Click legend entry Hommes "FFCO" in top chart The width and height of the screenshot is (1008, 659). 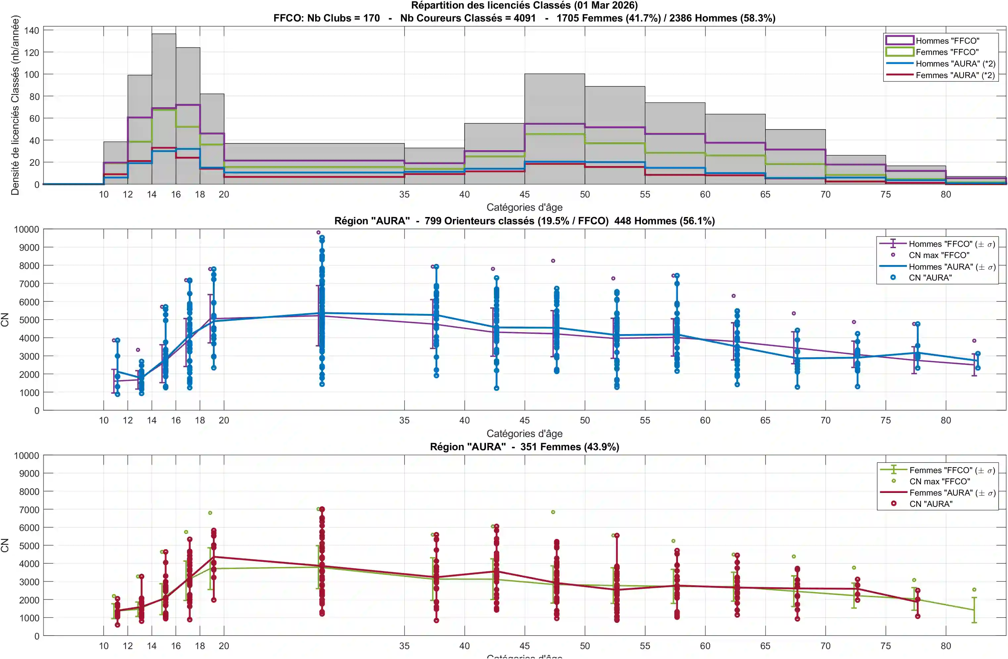coord(947,41)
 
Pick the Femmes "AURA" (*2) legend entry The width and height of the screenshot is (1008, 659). coord(955,75)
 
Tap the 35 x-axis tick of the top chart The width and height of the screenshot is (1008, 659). coord(404,194)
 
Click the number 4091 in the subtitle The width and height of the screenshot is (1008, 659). coord(524,18)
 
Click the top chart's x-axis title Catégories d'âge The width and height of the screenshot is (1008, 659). coord(524,207)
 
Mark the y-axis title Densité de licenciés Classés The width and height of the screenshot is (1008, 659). coord(15,105)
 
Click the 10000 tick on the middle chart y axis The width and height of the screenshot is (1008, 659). coord(26,229)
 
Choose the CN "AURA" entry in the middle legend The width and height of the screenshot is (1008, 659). coord(930,278)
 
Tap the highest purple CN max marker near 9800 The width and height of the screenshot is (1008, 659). coord(318,232)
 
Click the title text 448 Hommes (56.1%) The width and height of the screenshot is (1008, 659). coord(664,221)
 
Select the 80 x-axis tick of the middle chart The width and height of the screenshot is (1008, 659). coord(946,420)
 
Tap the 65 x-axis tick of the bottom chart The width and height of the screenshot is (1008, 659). coord(765,646)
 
